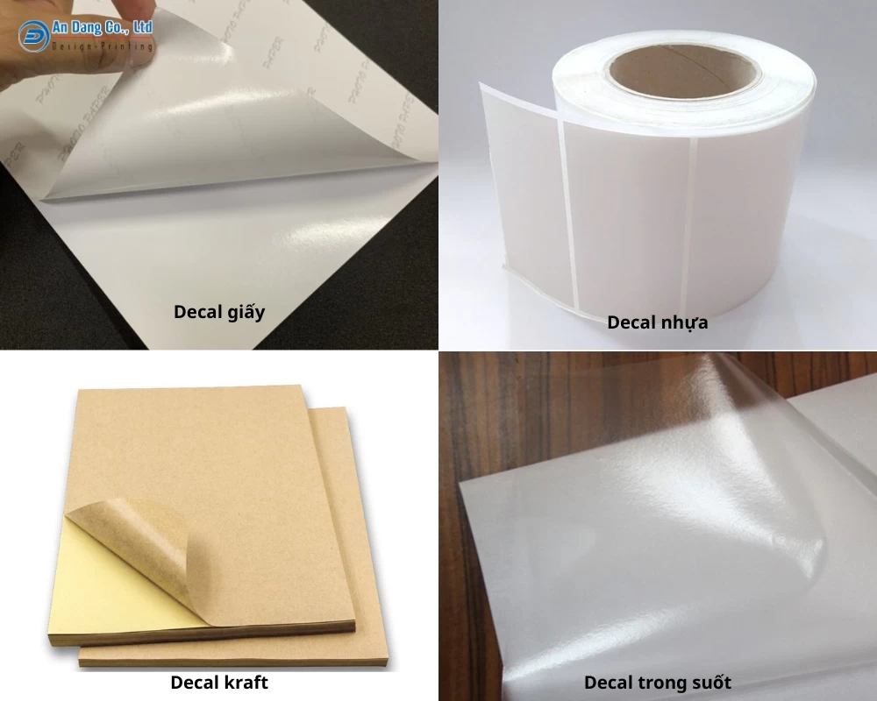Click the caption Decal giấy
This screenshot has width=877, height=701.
(x=218, y=312)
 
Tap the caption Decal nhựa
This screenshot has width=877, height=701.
(x=657, y=322)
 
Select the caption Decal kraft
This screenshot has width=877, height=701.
(x=218, y=682)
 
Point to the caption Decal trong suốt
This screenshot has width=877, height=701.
(x=657, y=682)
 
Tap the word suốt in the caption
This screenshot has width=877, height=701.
(x=709, y=682)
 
